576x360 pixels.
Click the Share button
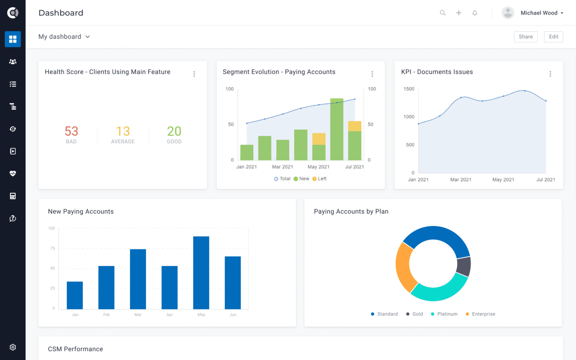tap(525, 37)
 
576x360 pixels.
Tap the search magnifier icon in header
tap(442, 13)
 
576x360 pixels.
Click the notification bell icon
tap(475, 13)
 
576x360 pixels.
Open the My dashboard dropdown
tap(64, 37)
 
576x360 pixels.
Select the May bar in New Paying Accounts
tap(201, 273)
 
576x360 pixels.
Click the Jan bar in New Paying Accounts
tap(75, 295)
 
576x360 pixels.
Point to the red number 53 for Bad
tap(71, 131)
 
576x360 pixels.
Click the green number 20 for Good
tap(174, 131)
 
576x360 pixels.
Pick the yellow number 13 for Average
tap(123, 131)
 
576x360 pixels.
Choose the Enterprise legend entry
tap(480, 314)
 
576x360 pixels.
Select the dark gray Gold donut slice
tap(464, 266)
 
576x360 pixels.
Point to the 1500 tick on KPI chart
tap(409, 89)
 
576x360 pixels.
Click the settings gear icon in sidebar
tap(13, 347)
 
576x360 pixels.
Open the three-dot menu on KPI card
tap(550, 74)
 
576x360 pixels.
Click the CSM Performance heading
tap(75, 349)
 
